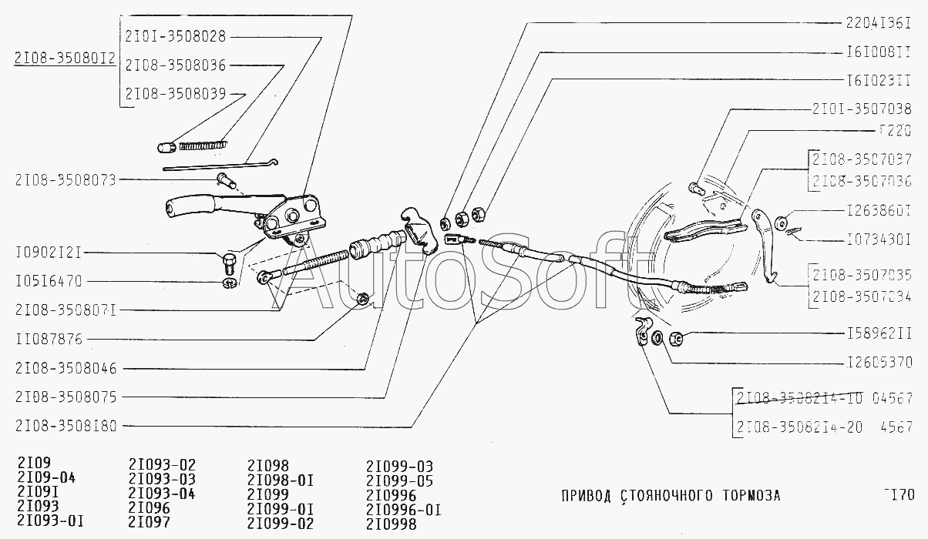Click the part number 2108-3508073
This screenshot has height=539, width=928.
65,180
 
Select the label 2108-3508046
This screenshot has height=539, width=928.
65,368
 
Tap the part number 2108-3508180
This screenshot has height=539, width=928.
65,425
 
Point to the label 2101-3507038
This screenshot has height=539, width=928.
862,109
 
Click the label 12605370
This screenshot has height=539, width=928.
879,361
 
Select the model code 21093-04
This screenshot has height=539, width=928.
162,494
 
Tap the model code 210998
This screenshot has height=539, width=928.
392,523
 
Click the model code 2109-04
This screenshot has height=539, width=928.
45,479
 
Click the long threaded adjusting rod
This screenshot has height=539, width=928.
316,259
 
